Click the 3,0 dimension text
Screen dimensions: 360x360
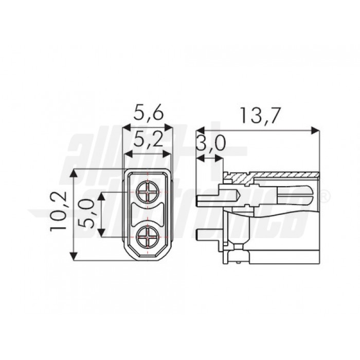(210, 144)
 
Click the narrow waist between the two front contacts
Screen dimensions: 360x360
(149, 215)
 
